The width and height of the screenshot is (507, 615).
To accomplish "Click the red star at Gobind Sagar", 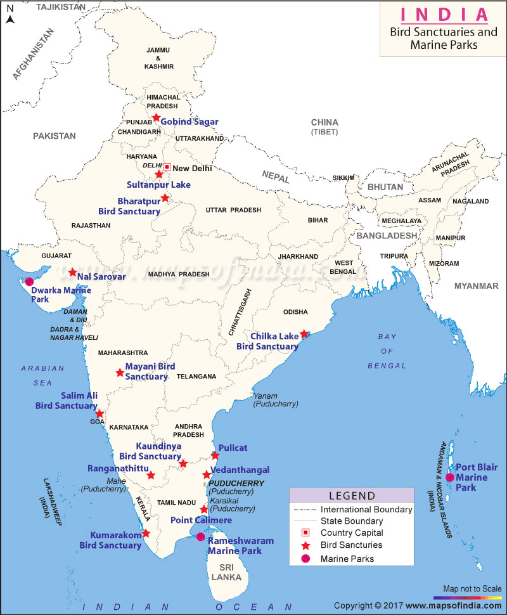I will (x=156, y=117).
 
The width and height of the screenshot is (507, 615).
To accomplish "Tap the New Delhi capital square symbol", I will (x=167, y=167).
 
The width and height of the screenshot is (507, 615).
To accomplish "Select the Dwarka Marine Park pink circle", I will (x=29, y=281).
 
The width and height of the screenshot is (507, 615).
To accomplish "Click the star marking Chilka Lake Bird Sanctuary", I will (x=304, y=333).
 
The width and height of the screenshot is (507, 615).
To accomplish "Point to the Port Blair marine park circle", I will (x=449, y=477).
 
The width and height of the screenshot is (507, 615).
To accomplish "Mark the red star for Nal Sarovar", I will (x=72, y=272).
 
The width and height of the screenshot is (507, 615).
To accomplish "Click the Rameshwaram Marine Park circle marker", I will (x=200, y=537).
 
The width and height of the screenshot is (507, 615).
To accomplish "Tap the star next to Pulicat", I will (x=215, y=455).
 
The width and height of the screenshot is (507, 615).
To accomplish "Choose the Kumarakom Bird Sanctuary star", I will (x=146, y=533).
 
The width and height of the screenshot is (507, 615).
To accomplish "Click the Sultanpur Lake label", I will (x=158, y=184).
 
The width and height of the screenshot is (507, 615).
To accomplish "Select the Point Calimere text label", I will (x=201, y=520).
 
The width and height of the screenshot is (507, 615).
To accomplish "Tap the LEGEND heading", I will (x=352, y=496).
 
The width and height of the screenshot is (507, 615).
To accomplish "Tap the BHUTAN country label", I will (x=385, y=187).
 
